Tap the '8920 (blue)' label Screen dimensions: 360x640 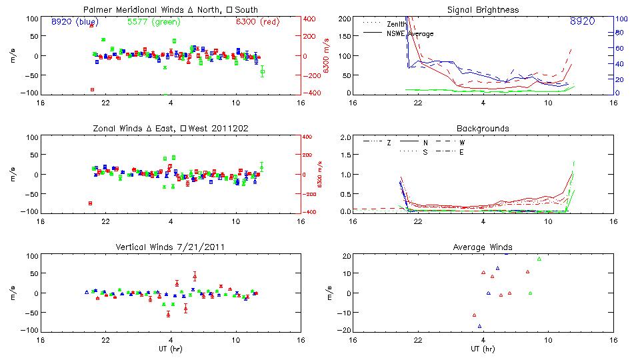pyautogui.click(x=75, y=21)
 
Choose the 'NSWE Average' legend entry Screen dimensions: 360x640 pyautogui.click(x=410, y=33)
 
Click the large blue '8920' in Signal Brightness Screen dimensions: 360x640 pyautogui.click(x=582, y=22)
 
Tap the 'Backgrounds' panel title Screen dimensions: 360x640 pyautogui.click(x=483, y=128)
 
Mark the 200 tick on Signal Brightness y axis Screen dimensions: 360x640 pyautogui.click(x=344, y=19)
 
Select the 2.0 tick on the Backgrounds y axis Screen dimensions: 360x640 pyautogui.click(x=345, y=137)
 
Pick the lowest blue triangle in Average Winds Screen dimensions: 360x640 pyautogui.click(x=479, y=326)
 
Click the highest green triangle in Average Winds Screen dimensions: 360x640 pyautogui.click(x=539, y=259)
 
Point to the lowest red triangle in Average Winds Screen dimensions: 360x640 pyautogui.click(x=474, y=315)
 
